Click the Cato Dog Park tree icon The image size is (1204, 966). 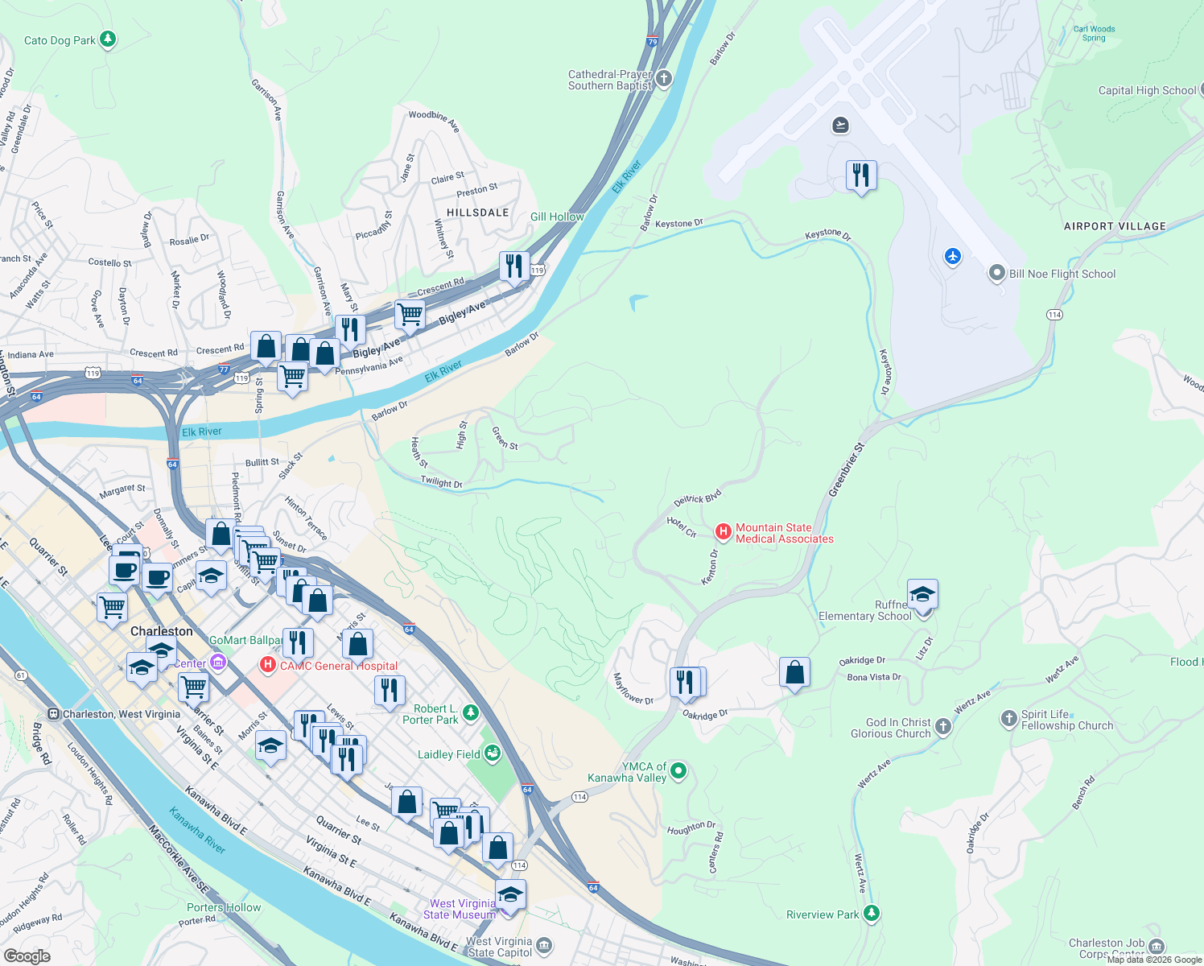108,39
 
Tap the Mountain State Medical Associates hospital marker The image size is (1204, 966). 723,531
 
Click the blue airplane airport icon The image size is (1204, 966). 953,256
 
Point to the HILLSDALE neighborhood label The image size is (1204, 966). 477,213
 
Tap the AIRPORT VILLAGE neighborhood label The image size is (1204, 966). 1115,226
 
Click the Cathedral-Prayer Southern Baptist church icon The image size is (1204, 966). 663,78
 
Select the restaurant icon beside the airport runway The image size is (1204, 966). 861,174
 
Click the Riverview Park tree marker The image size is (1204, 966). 871,914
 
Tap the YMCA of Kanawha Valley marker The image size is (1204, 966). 678,771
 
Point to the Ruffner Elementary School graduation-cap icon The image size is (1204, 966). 922,594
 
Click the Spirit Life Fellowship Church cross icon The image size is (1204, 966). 1009,718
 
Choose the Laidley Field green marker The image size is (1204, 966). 493,753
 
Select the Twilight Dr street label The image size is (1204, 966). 441,482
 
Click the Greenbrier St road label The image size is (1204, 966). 846,469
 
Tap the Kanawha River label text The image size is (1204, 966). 197,831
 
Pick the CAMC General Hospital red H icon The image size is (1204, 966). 267,666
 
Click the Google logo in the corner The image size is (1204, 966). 27,956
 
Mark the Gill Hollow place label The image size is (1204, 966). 557,217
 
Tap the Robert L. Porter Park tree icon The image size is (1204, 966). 471,712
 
